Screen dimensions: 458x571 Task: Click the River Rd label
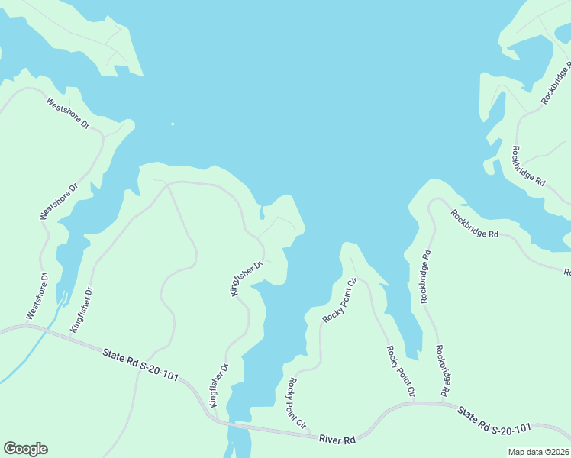point(338,440)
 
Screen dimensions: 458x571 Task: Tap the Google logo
point(25,449)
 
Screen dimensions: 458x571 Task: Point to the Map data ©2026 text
point(538,452)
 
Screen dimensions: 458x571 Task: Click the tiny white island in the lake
point(173,124)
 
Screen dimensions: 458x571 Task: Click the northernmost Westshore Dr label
point(68,111)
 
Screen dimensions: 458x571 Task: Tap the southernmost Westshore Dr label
point(37,296)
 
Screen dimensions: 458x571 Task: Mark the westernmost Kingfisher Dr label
point(82,310)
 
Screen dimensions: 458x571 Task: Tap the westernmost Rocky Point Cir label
point(295,402)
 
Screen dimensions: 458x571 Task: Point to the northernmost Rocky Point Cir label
point(340,301)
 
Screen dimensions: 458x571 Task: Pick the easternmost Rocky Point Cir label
point(400,372)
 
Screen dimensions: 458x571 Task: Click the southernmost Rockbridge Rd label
point(441,370)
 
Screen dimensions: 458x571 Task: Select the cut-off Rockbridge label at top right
point(555,84)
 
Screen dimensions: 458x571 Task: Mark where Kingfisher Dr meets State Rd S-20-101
point(214,418)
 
